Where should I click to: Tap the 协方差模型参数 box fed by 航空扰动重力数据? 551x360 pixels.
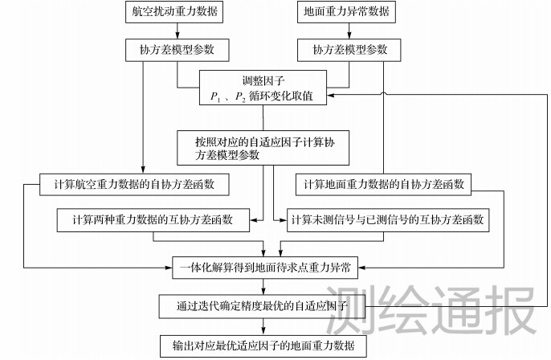coord(175,51)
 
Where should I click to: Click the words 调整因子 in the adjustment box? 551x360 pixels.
coord(263,80)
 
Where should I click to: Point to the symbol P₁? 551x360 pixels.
coord(214,96)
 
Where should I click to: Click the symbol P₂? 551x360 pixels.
coord(239,96)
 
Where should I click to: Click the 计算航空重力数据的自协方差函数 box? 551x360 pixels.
coord(135,185)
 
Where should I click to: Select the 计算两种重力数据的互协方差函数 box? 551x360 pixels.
coord(152,219)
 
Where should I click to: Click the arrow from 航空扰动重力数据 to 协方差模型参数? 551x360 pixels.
coord(175,32)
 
